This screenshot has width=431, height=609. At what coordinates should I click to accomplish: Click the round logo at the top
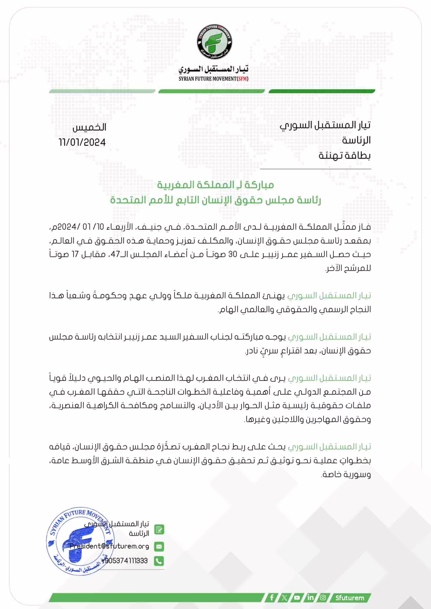click(x=215, y=42)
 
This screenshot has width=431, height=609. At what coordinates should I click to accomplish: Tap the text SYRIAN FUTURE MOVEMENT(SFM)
click(x=214, y=79)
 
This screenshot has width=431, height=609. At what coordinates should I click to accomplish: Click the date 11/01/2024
click(x=82, y=142)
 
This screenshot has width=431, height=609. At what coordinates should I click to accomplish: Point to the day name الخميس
click(x=89, y=127)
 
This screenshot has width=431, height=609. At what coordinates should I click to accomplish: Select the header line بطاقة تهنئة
click(x=344, y=155)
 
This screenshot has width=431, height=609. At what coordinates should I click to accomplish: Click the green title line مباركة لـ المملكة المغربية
click(x=215, y=185)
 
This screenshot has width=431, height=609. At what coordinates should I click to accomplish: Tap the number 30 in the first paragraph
click(x=233, y=254)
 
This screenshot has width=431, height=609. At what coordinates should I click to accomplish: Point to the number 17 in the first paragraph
click(x=75, y=254)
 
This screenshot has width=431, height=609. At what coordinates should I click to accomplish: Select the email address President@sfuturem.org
click(x=110, y=546)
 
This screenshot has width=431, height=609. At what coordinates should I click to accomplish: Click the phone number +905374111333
click(x=125, y=561)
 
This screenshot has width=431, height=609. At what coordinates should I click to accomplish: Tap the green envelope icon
click(x=159, y=546)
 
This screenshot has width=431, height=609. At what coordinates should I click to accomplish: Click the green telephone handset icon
click(x=159, y=561)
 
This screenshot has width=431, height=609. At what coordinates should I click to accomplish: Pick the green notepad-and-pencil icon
click(x=159, y=530)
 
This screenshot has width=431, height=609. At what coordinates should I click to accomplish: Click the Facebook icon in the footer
click(x=272, y=598)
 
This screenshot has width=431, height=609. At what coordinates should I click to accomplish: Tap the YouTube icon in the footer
click(x=297, y=598)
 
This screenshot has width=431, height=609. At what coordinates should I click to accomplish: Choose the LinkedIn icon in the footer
click(x=310, y=598)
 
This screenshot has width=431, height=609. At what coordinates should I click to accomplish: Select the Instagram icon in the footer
click(x=323, y=598)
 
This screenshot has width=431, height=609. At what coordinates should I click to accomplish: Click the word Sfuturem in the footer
click(x=350, y=598)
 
